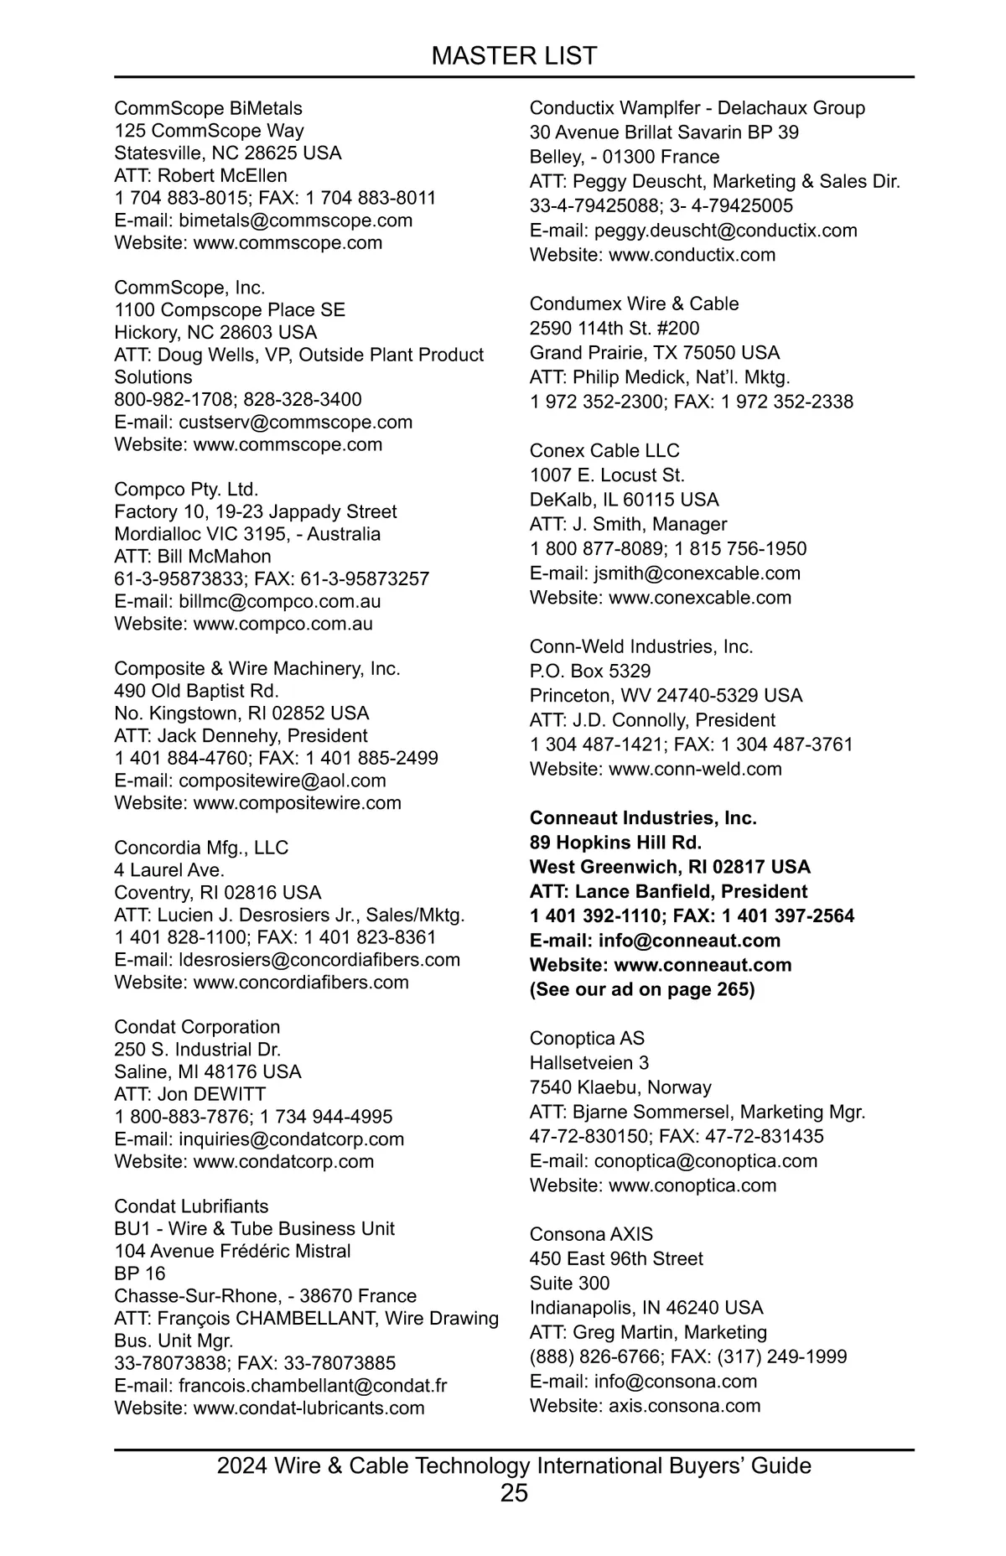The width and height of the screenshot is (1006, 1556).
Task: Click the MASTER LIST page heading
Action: click(514, 56)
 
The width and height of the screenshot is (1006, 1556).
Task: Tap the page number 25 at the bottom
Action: click(514, 1492)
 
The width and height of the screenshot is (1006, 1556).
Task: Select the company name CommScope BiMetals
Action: click(208, 108)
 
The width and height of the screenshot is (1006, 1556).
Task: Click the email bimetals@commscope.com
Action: click(295, 220)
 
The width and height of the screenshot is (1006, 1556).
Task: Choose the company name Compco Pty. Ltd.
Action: click(186, 489)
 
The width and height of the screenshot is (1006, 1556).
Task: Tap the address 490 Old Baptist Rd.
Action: click(196, 691)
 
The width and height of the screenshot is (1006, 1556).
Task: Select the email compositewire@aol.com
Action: click(282, 781)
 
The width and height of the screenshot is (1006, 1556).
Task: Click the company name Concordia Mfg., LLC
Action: click(201, 848)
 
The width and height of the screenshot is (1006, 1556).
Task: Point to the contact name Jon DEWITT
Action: click(211, 1094)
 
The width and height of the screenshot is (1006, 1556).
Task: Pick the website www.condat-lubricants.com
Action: click(309, 1408)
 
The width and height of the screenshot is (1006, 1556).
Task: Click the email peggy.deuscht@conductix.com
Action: click(725, 231)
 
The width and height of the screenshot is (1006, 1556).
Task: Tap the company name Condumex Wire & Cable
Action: click(634, 303)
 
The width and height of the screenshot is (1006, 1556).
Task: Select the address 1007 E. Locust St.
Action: click(607, 475)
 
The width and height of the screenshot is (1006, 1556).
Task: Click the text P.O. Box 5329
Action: click(589, 671)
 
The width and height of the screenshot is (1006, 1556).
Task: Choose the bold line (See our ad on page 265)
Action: click(641, 989)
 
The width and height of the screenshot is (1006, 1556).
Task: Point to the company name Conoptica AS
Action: click(587, 1038)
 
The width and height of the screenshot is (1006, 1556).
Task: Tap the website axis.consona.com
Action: click(684, 1405)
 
